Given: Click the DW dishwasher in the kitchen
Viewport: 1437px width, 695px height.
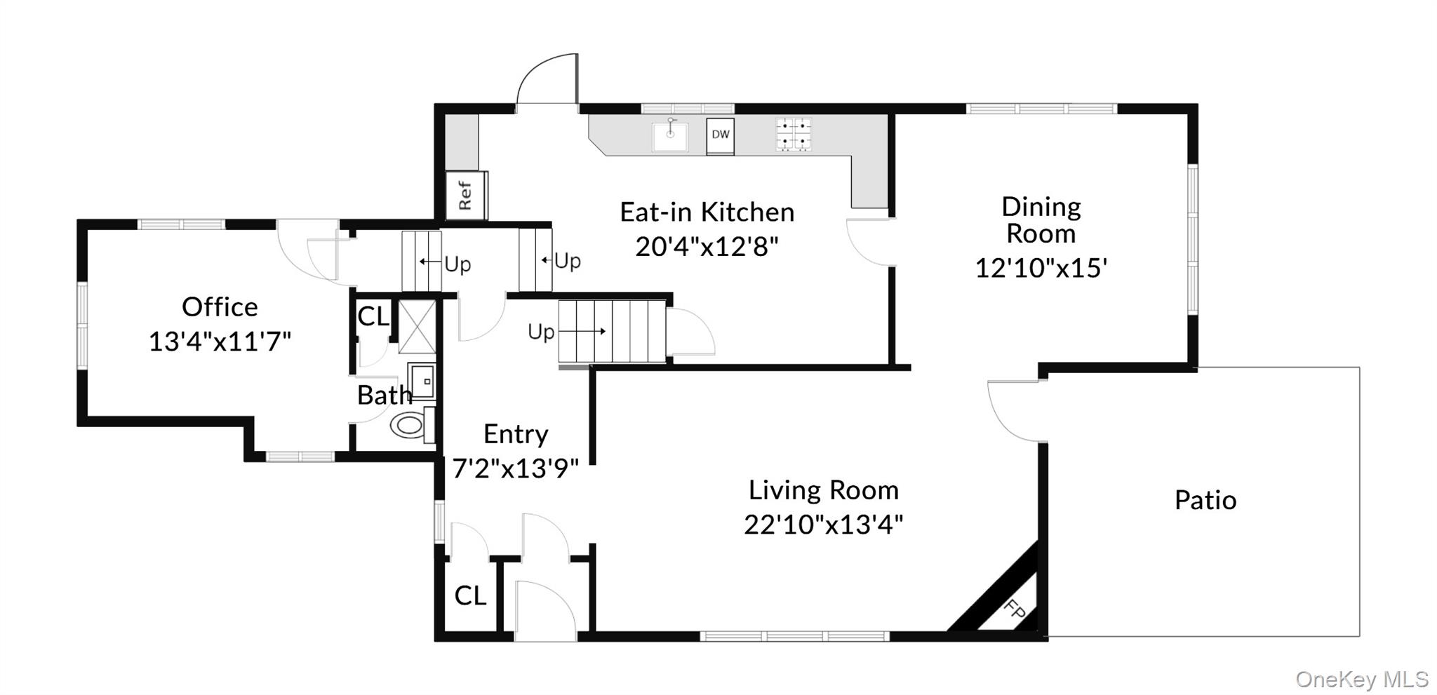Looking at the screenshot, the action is (720, 136).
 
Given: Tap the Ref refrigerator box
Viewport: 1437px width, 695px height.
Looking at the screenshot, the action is (466, 195).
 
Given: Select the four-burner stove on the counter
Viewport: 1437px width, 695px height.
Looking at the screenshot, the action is (794, 134).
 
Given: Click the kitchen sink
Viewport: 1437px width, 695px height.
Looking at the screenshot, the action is (670, 136).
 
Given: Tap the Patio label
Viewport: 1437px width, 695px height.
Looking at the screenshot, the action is (1205, 500).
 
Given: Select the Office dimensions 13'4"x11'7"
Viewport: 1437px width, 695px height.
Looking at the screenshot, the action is (220, 342).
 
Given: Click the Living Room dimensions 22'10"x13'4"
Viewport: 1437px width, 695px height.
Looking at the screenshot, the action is (824, 524).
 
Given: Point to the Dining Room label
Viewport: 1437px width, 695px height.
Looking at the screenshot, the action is (1041, 220).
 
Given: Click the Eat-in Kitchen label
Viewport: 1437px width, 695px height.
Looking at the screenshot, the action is (707, 212).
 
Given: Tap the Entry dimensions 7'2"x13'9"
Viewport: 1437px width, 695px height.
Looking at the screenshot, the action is (516, 468).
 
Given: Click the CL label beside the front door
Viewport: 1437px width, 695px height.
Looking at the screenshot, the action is (470, 595).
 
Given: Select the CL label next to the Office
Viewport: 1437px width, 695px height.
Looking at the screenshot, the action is (373, 316).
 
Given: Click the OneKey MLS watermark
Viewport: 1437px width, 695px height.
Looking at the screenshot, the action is (1362, 679).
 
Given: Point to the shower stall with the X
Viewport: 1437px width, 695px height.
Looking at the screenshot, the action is (417, 326).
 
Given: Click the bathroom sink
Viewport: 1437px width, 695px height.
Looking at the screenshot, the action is (422, 381).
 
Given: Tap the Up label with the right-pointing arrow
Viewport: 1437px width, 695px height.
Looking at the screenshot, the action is (541, 332).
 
